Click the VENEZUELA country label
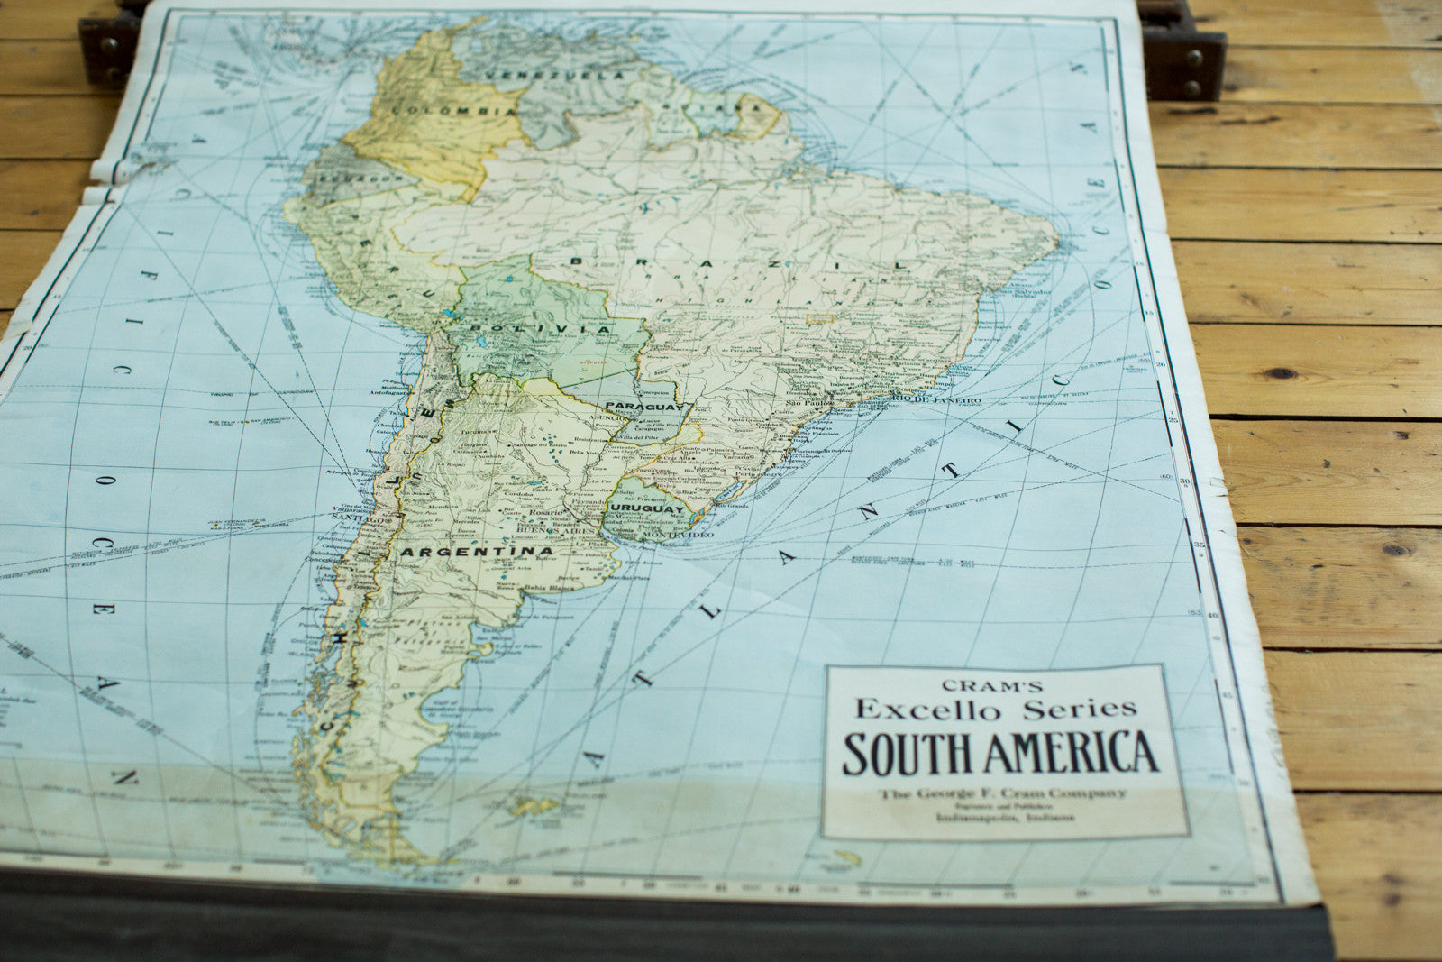[x=552, y=75]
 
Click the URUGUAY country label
[x=647, y=509]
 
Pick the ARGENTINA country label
[x=478, y=551]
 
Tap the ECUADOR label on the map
[x=353, y=179]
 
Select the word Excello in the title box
[x=928, y=710]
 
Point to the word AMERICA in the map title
[x=1070, y=754]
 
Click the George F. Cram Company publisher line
[x=1002, y=793]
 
